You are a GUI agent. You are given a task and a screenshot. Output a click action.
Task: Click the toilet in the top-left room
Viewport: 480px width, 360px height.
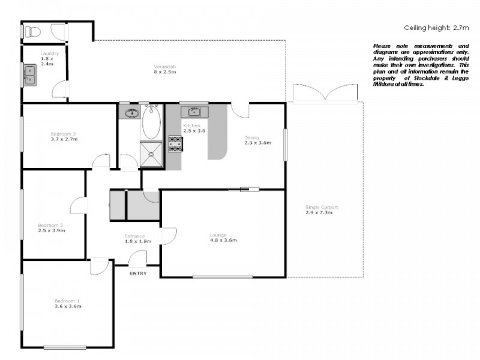point(33,32)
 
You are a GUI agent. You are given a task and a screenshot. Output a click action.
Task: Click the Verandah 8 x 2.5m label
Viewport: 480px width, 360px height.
point(164,69)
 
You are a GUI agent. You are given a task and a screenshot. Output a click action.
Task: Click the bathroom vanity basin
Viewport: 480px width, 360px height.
point(131,112)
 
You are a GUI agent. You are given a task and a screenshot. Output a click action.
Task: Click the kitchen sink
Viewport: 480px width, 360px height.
point(194,112)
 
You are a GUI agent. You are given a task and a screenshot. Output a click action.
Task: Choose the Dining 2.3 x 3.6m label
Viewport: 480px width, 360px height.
point(257,140)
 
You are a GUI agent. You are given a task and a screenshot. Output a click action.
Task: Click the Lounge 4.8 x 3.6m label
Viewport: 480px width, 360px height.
point(223,237)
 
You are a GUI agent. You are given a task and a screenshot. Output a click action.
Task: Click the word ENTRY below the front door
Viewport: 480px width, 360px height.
point(137,274)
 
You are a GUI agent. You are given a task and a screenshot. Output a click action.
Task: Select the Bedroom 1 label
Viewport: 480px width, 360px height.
point(67,303)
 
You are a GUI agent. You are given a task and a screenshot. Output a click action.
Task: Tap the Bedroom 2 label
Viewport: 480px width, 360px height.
point(51,228)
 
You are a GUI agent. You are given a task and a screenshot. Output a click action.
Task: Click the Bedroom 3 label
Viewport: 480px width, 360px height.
point(63,136)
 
